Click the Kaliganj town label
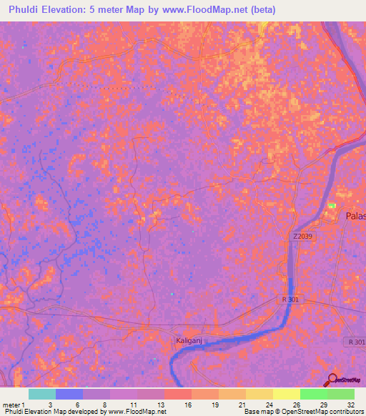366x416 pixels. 191,342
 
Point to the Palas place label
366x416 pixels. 355,217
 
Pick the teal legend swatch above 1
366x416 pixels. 41,394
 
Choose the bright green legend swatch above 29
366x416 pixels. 313,394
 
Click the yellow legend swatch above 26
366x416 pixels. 286,394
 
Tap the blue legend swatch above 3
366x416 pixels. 69,394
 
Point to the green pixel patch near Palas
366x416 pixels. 332,206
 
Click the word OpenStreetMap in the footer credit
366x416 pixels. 303,412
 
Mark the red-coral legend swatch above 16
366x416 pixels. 177,394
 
